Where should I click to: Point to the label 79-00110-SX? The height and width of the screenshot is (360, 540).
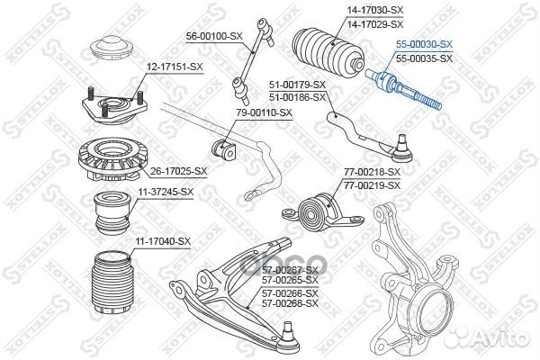tap(264, 112)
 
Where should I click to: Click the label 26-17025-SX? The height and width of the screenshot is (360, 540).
tap(177, 170)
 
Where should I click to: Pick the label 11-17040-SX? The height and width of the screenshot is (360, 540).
tap(162, 241)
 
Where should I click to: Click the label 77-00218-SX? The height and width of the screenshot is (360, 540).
tap(372, 171)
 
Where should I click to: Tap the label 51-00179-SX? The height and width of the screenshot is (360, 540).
tap(297, 84)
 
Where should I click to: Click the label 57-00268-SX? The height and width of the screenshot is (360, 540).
tap(290, 304)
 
